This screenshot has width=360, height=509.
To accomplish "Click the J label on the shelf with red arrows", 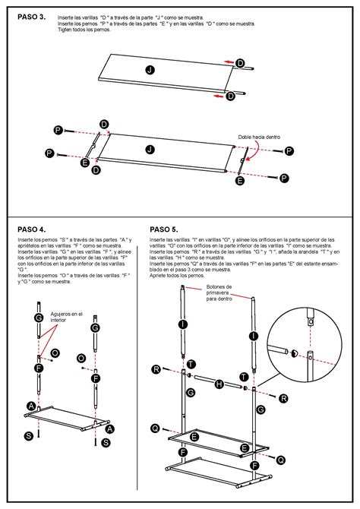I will tap(150, 70).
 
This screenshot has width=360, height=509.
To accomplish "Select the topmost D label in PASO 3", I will tap(240, 62).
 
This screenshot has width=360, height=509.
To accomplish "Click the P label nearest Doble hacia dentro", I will tap(289, 152).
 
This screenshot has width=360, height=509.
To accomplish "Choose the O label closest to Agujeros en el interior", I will tap(55, 353).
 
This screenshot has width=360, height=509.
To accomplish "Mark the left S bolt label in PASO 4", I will tap(28, 435).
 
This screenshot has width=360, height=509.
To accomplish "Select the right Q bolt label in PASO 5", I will tap(281, 460).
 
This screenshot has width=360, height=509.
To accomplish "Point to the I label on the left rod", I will tap(183, 324).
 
